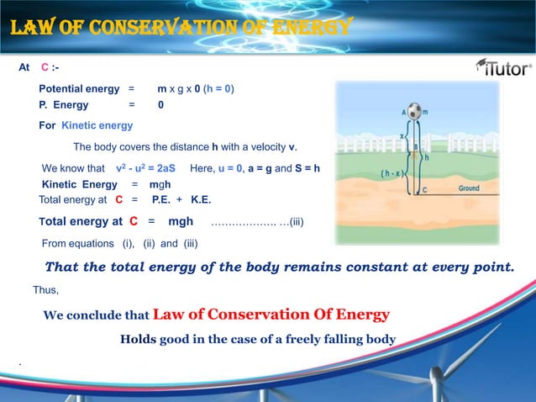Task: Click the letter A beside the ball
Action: [404, 111]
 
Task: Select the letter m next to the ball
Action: [424, 111]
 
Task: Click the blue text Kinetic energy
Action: [97, 125]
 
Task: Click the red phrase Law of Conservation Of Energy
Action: [271, 315]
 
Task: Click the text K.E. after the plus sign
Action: [201, 199]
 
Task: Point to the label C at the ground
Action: [424, 191]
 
